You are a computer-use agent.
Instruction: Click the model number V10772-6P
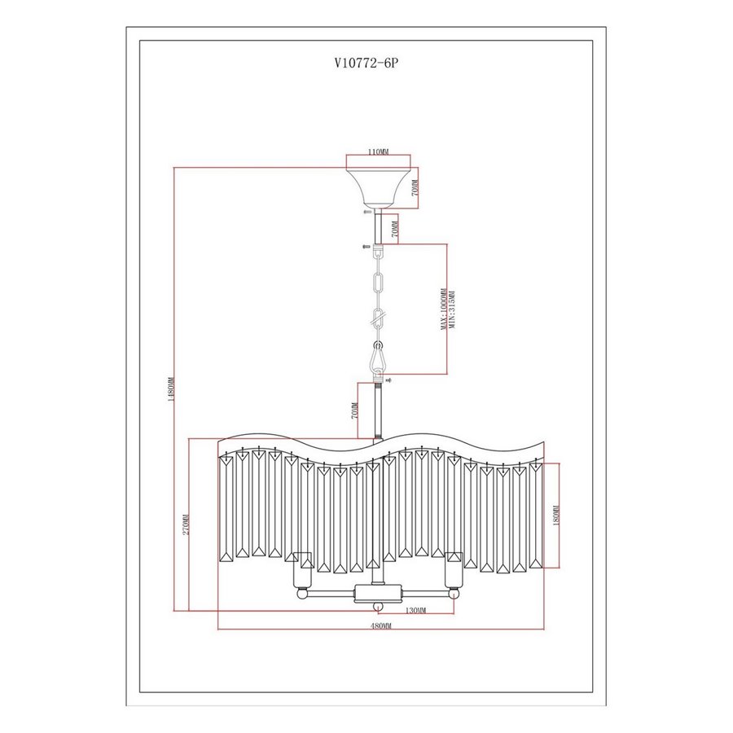pyautogui.click(x=366, y=63)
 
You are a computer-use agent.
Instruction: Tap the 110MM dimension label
pyautogui.click(x=378, y=151)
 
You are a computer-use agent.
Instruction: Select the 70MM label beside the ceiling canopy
pyautogui.click(x=415, y=187)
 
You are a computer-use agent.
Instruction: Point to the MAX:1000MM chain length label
pyautogui.click(x=443, y=309)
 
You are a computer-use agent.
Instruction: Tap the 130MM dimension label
pyautogui.click(x=415, y=611)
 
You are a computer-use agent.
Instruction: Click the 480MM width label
pyautogui.click(x=380, y=625)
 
